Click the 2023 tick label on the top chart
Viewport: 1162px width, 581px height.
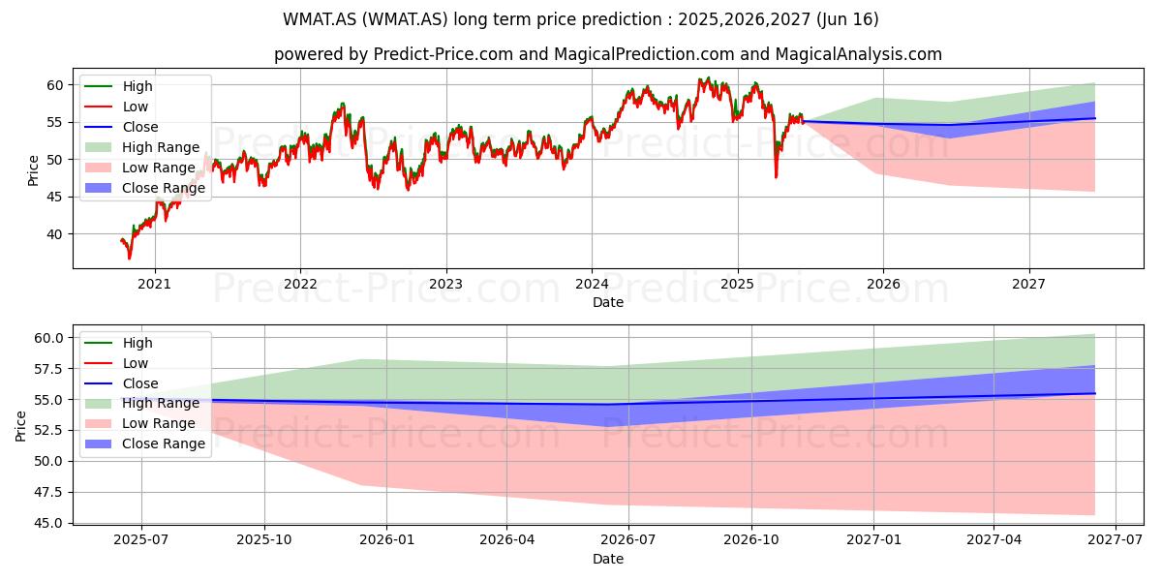coord(445,285)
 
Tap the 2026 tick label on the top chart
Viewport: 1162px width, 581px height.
coord(883,285)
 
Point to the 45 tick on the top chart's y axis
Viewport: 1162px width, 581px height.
coord(55,198)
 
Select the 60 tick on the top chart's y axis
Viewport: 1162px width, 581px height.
coord(55,85)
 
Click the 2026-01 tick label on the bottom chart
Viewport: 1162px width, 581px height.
coord(387,540)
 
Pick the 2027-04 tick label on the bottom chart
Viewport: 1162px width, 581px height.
coord(994,540)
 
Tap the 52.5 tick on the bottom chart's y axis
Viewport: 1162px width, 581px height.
coord(48,431)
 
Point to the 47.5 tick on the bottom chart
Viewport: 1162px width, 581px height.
coord(48,492)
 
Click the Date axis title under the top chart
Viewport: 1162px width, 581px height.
coord(608,302)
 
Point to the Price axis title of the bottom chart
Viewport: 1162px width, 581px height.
coord(20,426)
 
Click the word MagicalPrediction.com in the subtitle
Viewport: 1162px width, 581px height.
coord(644,54)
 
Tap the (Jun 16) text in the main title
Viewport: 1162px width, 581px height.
coord(847,19)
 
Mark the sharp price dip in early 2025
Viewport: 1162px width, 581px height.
coord(776,177)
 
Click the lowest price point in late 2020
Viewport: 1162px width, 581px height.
coord(129,258)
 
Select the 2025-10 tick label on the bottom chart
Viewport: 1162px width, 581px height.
coord(264,540)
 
